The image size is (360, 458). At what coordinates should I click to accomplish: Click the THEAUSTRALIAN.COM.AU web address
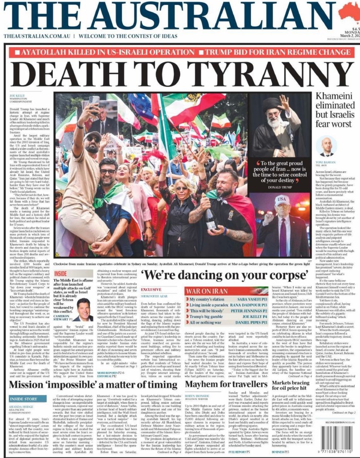pos(36,35)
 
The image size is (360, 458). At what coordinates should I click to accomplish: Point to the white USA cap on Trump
pos(282,200)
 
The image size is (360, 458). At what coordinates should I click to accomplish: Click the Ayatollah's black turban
pos(273,104)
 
